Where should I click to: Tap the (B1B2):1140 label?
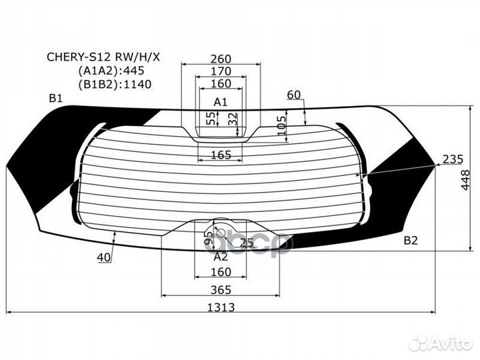[115, 83]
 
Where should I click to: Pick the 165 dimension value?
[220, 155]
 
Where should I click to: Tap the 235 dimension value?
[452, 159]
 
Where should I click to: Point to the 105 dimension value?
[281, 124]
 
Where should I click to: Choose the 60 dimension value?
[294, 95]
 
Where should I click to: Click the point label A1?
[221, 102]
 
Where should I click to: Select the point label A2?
[221, 256]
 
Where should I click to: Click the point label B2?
[410, 240]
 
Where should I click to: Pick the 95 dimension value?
[207, 238]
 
